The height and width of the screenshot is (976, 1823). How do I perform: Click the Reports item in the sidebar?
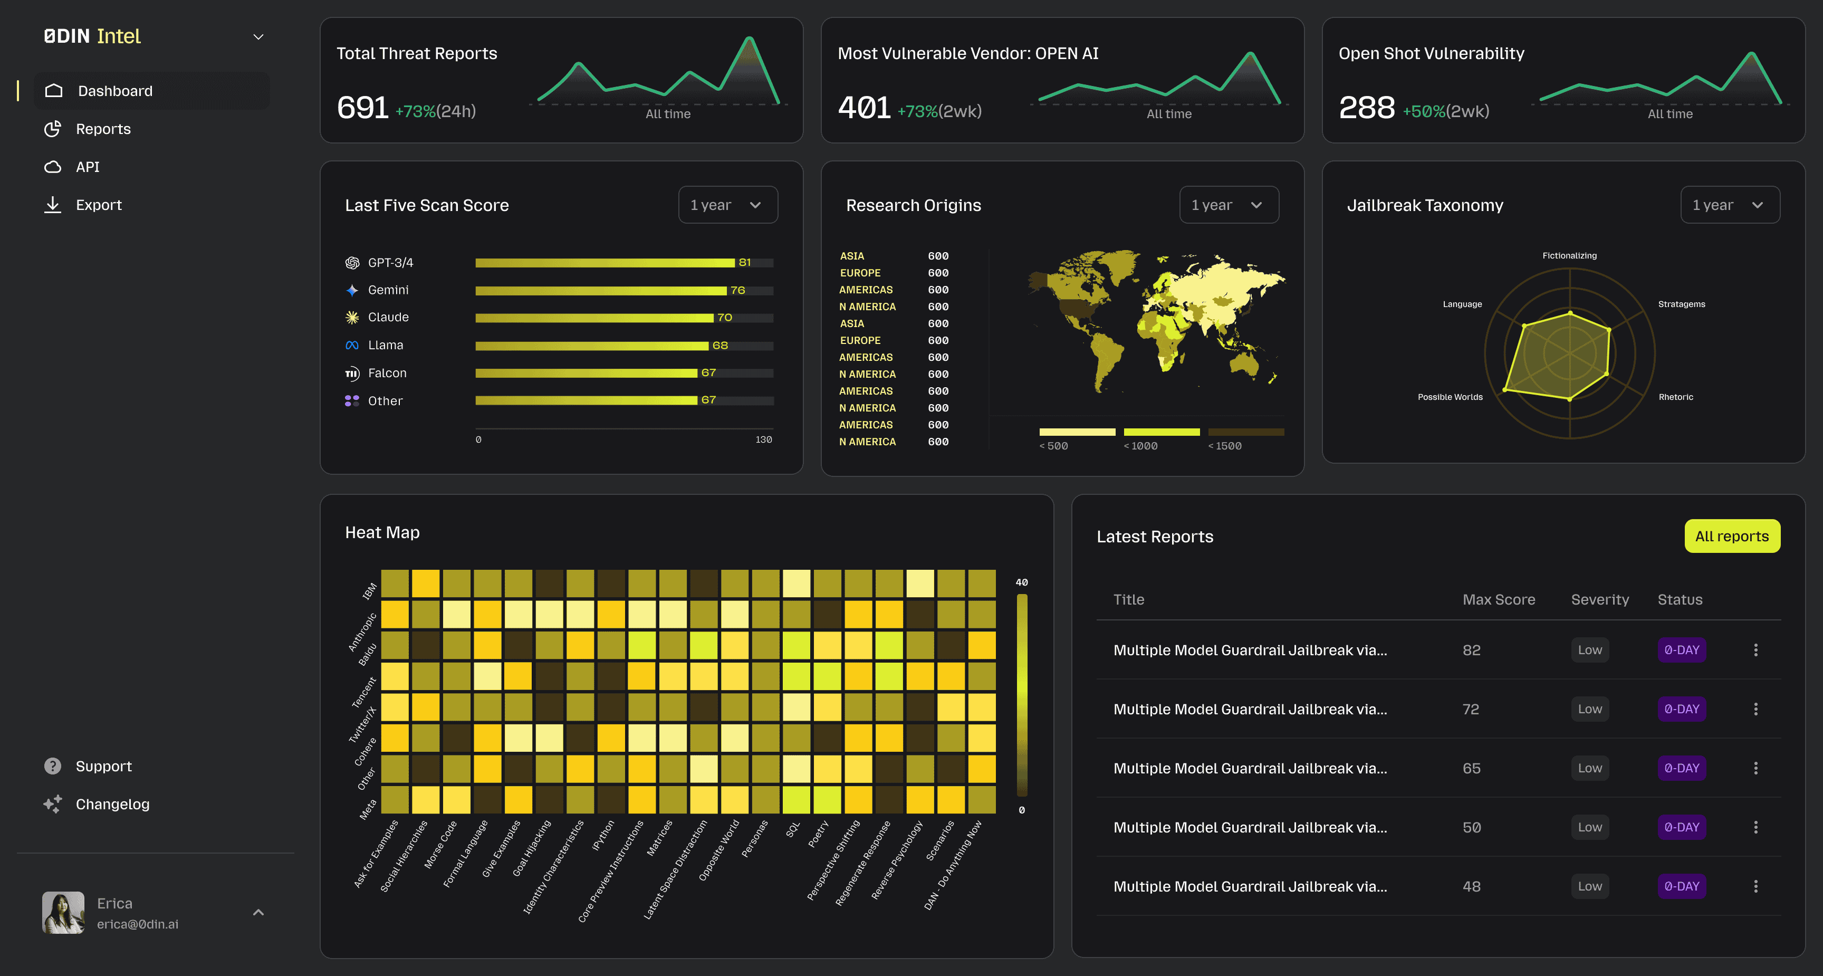coord(103,129)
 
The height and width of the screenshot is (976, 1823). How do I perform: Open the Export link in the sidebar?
coord(98,205)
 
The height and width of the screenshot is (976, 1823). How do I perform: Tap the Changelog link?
coord(112,804)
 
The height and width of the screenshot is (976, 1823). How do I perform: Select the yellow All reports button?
coord(1731,537)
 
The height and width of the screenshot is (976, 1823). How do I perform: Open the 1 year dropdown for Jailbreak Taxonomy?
coord(1729,205)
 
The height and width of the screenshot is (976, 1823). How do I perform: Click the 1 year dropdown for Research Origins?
coord(1228,205)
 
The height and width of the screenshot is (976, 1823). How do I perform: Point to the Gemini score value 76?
coord(737,290)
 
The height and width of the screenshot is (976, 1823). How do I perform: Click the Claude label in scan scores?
coord(388,317)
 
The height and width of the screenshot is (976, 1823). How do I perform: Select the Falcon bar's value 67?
coord(708,372)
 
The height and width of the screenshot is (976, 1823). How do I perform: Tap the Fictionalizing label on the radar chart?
coord(1569,255)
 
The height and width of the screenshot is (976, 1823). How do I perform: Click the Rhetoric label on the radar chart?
coord(1675,397)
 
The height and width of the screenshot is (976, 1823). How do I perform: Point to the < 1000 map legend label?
coord(1140,446)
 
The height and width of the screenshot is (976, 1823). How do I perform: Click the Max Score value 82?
coord(1471,650)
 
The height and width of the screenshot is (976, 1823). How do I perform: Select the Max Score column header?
coord(1498,599)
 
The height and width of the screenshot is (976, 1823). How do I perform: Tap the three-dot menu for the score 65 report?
coord(1755,768)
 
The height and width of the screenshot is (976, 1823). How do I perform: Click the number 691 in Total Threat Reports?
coord(362,108)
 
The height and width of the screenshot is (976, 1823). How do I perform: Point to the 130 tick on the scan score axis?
coord(763,439)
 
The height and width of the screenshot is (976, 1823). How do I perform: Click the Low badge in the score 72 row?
coord(1589,709)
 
